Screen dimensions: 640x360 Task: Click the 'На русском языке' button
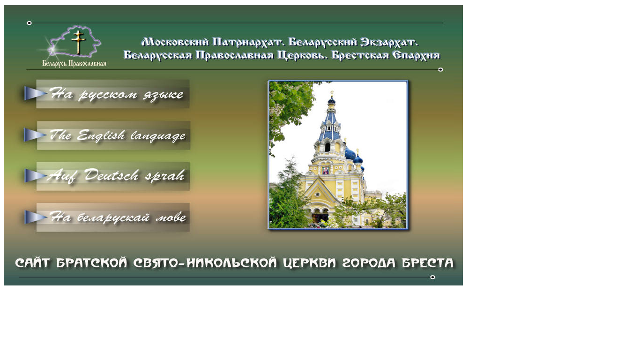tap(113, 94)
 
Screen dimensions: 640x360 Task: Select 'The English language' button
tap(113, 135)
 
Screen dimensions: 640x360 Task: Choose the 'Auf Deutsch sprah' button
tap(113, 176)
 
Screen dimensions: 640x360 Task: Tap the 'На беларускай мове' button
tap(113, 217)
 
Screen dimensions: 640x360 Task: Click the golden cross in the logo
tap(78, 42)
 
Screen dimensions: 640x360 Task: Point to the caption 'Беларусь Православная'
tap(74, 63)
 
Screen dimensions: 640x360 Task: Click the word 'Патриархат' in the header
tap(248, 42)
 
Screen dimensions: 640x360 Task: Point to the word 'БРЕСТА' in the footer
tap(428, 263)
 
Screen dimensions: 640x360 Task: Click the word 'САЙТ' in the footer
tap(32, 263)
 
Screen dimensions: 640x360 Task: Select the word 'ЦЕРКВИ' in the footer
tap(309, 263)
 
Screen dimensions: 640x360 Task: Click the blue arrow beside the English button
tap(35, 135)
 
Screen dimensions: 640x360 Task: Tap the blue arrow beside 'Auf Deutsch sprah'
tap(36, 176)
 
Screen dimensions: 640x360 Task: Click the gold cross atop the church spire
tap(332, 93)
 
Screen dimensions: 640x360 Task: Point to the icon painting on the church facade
tap(325, 171)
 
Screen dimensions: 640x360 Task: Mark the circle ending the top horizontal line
tap(29, 23)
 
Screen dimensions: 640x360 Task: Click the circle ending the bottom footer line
tap(432, 277)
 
